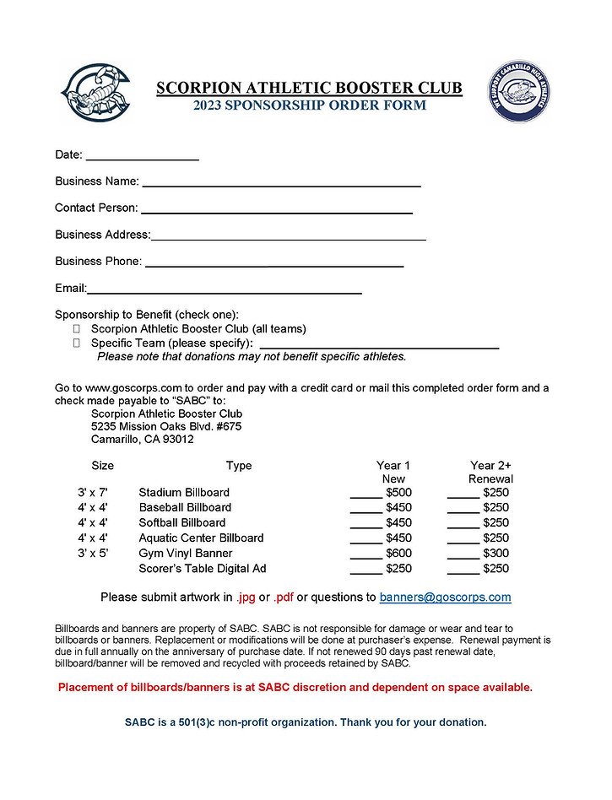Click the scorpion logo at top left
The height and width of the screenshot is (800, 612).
click(95, 93)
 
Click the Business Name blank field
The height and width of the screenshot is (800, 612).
click(281, 181)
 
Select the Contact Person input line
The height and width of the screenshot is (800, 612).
click(276, 208)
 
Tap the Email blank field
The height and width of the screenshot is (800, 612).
click(225, 289)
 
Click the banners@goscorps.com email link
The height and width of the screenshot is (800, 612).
click(445, 597)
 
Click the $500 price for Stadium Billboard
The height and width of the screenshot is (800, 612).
click(398, 493)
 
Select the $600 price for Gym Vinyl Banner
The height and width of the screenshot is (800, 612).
click(398, 554)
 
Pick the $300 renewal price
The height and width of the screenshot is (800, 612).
click(496, 554)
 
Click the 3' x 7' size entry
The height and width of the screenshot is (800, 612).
click(93, 493)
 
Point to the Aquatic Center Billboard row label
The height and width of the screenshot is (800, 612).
click(201, 538)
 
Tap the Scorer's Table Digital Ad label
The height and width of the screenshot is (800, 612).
click(203, 569)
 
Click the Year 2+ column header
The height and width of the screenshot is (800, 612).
click(490, 466)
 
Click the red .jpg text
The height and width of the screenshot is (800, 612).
click(245, 597)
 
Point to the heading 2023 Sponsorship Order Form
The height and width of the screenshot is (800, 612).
click(309, 106)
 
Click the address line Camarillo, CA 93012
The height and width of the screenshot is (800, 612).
click(143, 440)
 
